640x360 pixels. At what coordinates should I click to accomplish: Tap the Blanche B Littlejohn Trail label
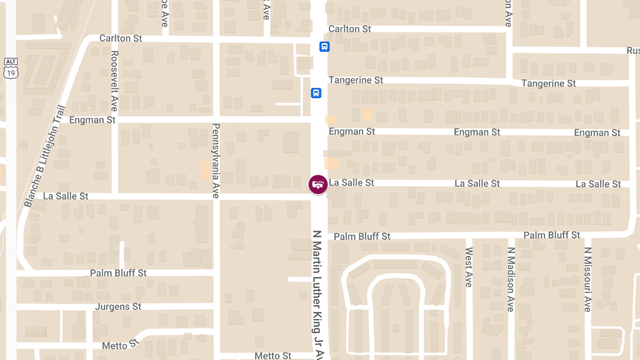(x=44, y=156)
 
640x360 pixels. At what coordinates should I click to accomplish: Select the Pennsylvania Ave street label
(x=216, y=161)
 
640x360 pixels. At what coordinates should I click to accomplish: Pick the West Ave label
(x=468, y=267)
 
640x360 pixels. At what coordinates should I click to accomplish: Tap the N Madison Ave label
(x=510, y=279)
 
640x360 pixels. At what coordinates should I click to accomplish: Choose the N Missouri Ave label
(x=587, y=279)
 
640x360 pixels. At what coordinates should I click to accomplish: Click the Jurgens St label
(x=118, y=307)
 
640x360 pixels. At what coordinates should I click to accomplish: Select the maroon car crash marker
(x=318, y=185)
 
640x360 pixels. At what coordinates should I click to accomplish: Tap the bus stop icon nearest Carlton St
(x=324, y=46)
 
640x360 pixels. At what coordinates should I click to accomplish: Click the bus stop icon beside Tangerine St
(x=316, y=93)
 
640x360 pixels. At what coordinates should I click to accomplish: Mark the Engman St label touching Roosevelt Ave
(x=92, y=120)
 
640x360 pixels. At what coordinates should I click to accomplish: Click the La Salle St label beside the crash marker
(x=351, y=182)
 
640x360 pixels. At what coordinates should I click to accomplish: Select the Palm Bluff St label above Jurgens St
(x=118, y=273)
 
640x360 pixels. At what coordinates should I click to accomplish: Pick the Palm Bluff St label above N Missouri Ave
(x=551, y=235)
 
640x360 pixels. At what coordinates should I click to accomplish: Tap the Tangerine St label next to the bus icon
(x=356, y=80)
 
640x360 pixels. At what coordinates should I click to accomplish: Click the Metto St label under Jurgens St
(x=115, y=345)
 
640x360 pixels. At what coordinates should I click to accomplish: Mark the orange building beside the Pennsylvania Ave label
(x=205, y=170)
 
